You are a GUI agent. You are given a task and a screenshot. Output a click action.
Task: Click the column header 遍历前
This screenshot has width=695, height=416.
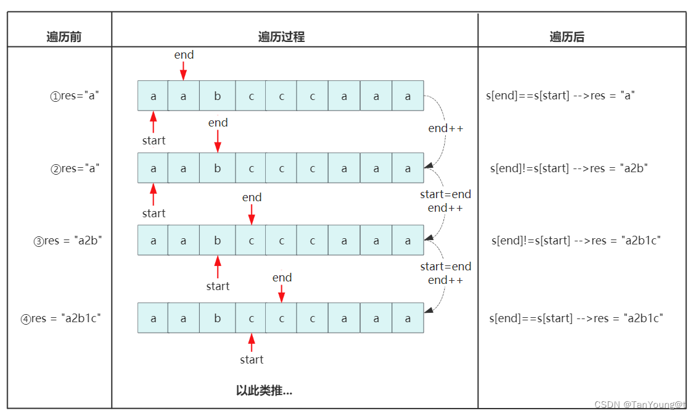(64, 37)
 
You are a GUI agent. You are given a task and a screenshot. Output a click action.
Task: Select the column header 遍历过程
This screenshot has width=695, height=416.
(281, 37)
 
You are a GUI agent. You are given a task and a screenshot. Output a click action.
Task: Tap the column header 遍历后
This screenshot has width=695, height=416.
(567, 37)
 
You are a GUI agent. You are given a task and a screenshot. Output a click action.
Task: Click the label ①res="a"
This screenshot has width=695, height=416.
(75, 96)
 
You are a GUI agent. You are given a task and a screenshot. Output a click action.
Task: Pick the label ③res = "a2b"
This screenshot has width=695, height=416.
(68, 241)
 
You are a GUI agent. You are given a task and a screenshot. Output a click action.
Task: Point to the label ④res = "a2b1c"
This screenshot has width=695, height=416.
(61, 318)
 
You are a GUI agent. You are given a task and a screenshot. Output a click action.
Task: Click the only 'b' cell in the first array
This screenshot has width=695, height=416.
(217, 96)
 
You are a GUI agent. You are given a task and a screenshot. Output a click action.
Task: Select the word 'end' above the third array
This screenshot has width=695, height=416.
(252, 198)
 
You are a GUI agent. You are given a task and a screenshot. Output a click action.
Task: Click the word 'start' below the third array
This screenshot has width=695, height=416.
(218, 286)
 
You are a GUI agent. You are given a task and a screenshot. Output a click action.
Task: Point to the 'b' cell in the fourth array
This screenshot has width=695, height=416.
(217, 318)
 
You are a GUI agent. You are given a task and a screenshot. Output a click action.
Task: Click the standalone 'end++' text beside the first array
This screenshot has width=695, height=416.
(446, 128)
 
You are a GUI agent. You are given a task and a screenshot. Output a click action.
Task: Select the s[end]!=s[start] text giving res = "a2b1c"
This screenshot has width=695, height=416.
(576, 241)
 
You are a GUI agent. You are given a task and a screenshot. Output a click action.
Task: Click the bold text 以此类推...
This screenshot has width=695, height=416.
(264, 391)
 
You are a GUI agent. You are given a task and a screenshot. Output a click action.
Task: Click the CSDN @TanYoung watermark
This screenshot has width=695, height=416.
(639, 404)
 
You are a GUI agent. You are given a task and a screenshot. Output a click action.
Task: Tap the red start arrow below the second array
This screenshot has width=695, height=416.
(153, 194)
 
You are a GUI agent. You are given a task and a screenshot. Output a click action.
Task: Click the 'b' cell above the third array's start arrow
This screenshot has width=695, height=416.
(217, 241)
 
